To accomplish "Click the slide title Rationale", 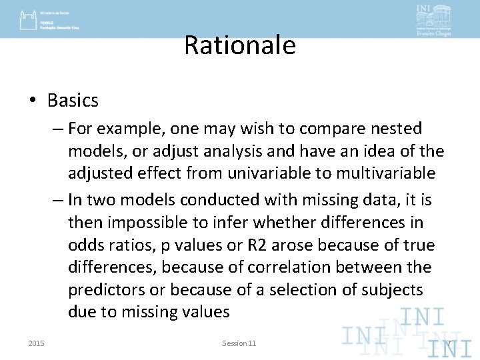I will pos(239,45).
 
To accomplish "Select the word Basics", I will pos(73,101).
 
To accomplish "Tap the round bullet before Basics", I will pos(33,101).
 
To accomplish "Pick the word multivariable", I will pos(385,173).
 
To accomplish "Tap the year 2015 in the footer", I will pos(37,343).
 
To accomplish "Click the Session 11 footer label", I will pos(239,343).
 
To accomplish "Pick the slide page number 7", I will pos(449,344).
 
